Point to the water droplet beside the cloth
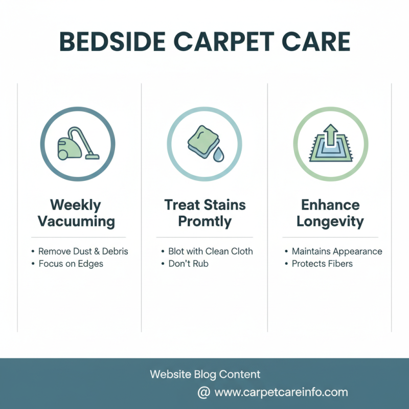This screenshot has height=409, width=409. click(x=218, y=154)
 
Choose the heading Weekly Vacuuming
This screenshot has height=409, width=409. click(x=76, y=214)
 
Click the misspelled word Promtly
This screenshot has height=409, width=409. click(x=204, y=222)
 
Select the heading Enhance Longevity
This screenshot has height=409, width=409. click(x=330, y=214)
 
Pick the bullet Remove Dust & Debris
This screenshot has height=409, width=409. click(x=83, y=252)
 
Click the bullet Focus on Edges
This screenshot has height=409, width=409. click(x=71, y=264)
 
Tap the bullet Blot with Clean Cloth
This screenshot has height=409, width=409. click(x=210, y=252)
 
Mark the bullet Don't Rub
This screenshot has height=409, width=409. click(x=188, y=264)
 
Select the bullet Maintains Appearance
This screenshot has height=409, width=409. click(x=336, y=252)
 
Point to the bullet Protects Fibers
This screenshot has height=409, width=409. click(x=322, y=264)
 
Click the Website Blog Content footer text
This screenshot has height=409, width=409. click(x=205, y=375)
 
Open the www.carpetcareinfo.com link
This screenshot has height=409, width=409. click(x=281, y=393)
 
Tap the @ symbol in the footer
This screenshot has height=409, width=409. click(x=203, y=393)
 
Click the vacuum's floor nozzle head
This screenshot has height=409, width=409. click(x=92, y=156)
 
